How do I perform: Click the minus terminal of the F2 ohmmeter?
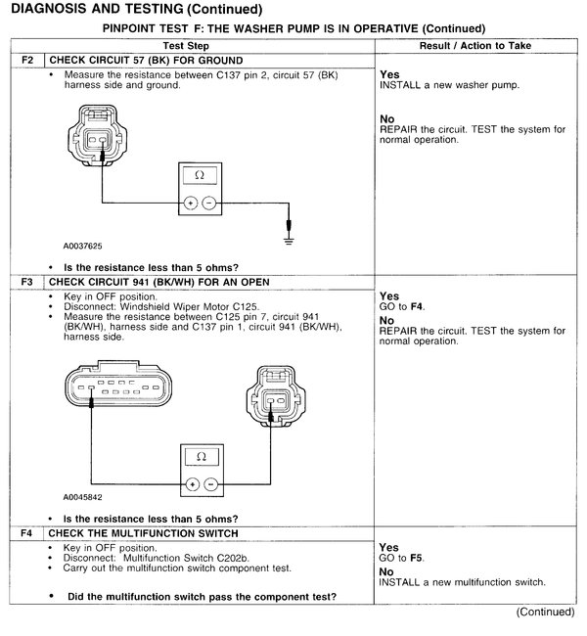[x=208, y=203]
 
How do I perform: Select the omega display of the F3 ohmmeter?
[x=201, y=456]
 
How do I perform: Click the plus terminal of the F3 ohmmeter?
[x=192, y=483]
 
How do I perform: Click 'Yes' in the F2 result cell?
[x=388, y=74]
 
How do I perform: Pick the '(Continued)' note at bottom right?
[x=545, y=612]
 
